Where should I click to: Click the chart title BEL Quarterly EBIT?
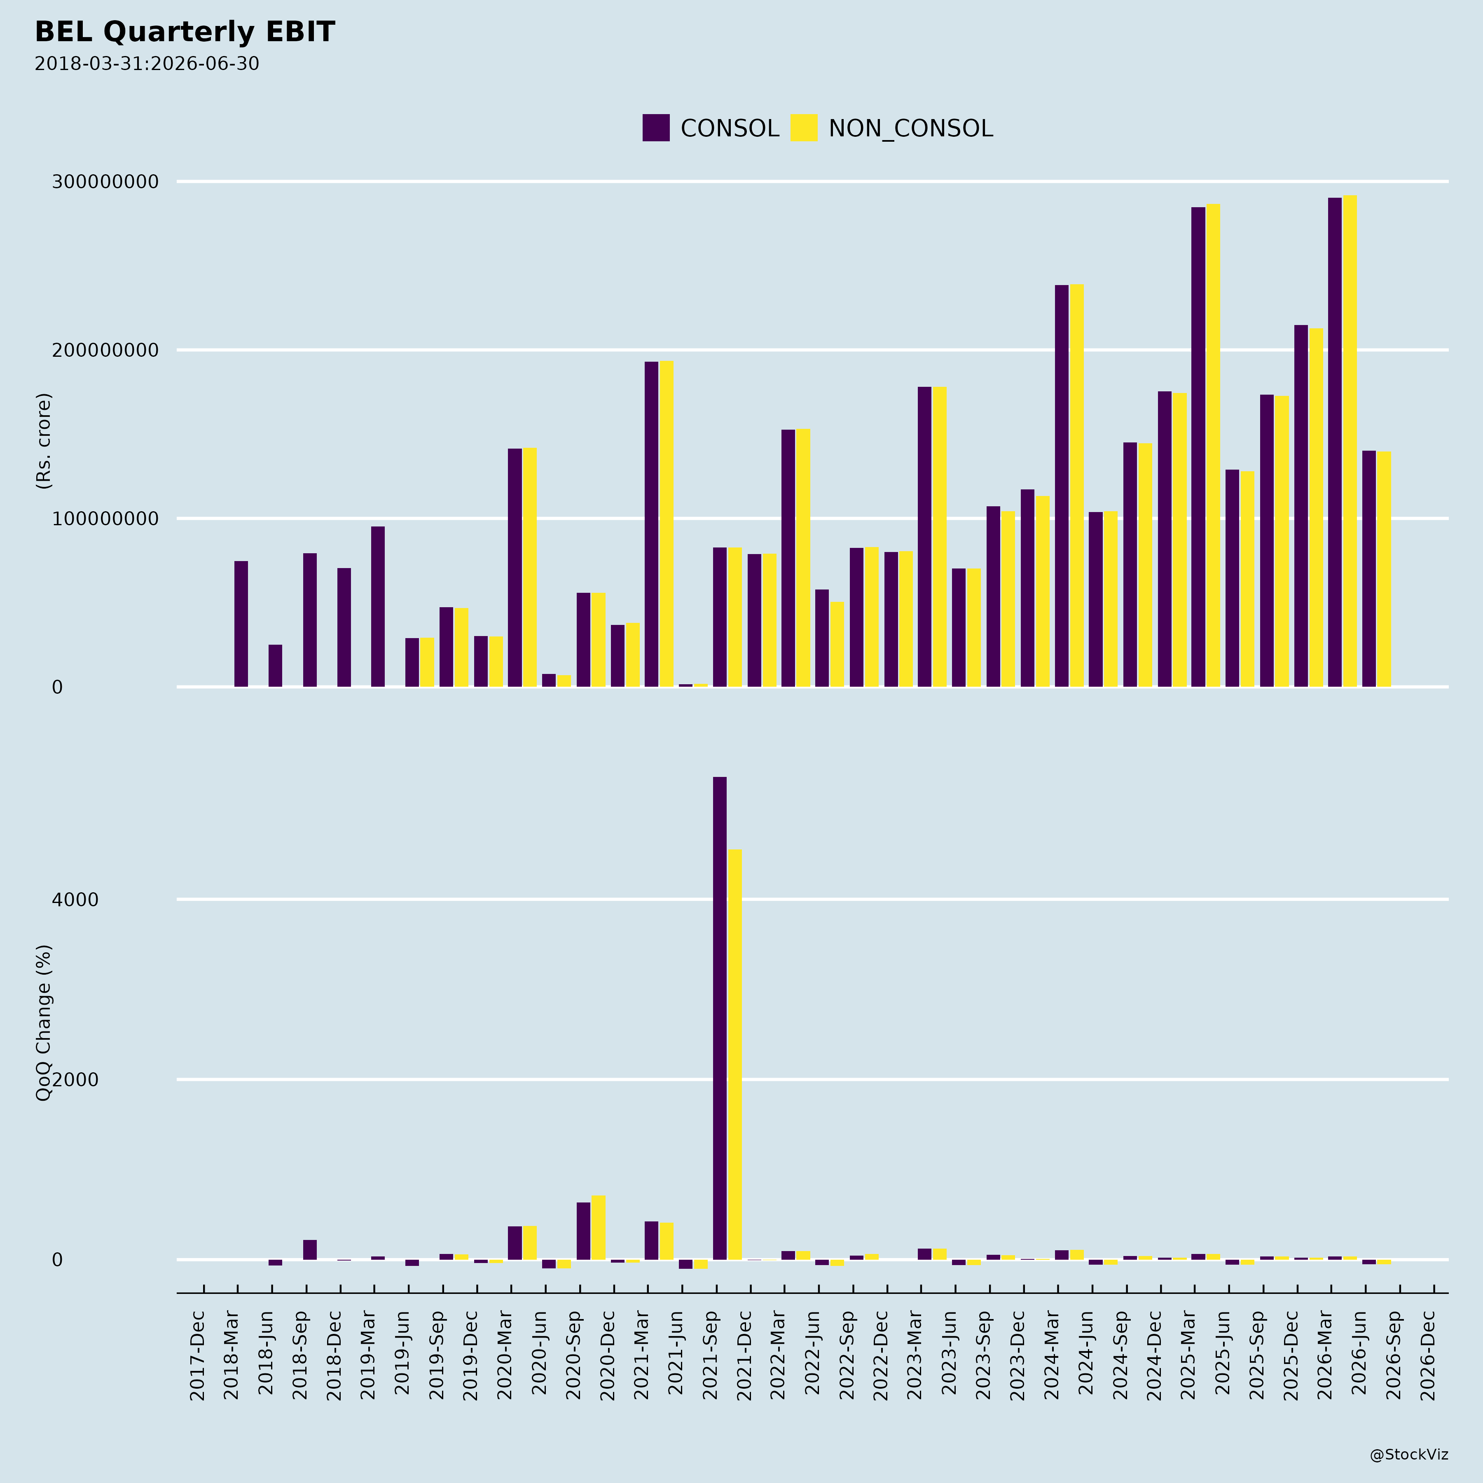(185, 32)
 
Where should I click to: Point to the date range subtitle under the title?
(147, 64)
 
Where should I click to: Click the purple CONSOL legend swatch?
(655, 127)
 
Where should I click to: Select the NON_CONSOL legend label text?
(910, 128)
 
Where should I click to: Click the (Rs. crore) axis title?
(44, 441)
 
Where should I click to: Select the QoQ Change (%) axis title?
(44, 1022)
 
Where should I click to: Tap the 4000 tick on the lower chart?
(75, 900)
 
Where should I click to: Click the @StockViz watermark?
(1408, 1455)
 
